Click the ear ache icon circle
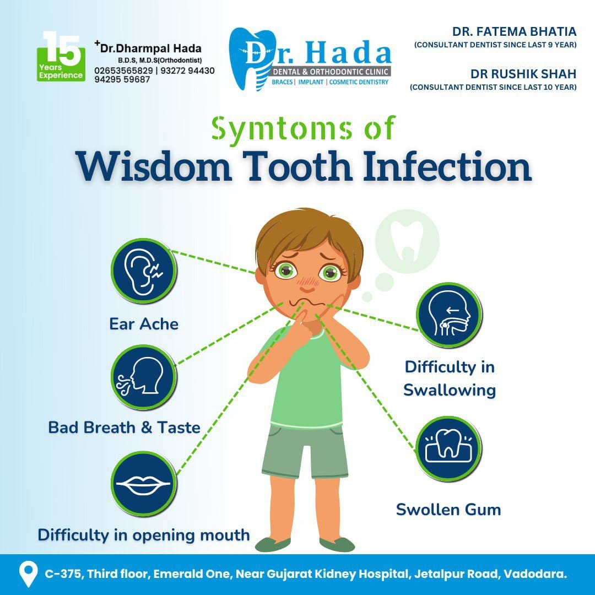tap(144, 271)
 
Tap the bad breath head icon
tap(144, 377)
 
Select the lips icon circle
tap(144, 484)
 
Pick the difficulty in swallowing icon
tap(449, 315)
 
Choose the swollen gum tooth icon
tap(448, 449)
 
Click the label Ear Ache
tap(144, 324)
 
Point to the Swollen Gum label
tap(448, 509)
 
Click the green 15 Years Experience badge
tap(61, 57)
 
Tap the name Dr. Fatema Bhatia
tap(514, 31)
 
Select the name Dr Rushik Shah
tap(523, 74)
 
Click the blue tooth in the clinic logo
tap(251, 59)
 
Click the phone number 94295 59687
tap(122, 80)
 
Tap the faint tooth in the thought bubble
tap(407, 241)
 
